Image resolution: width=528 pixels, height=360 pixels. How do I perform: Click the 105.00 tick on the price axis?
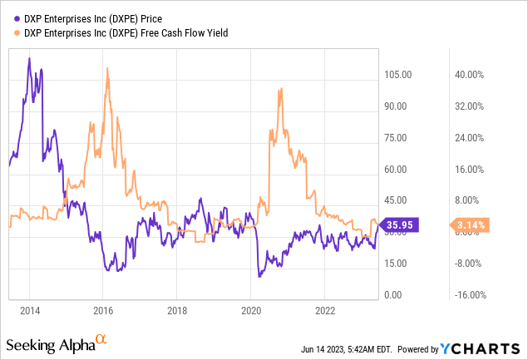(x=397, y=75)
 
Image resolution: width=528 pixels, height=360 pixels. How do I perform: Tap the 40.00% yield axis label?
(x=467, y=75)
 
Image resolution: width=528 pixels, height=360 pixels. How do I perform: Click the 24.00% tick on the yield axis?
(x=467, y=138)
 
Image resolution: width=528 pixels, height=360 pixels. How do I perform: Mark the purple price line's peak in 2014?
(x=29, y=58)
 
